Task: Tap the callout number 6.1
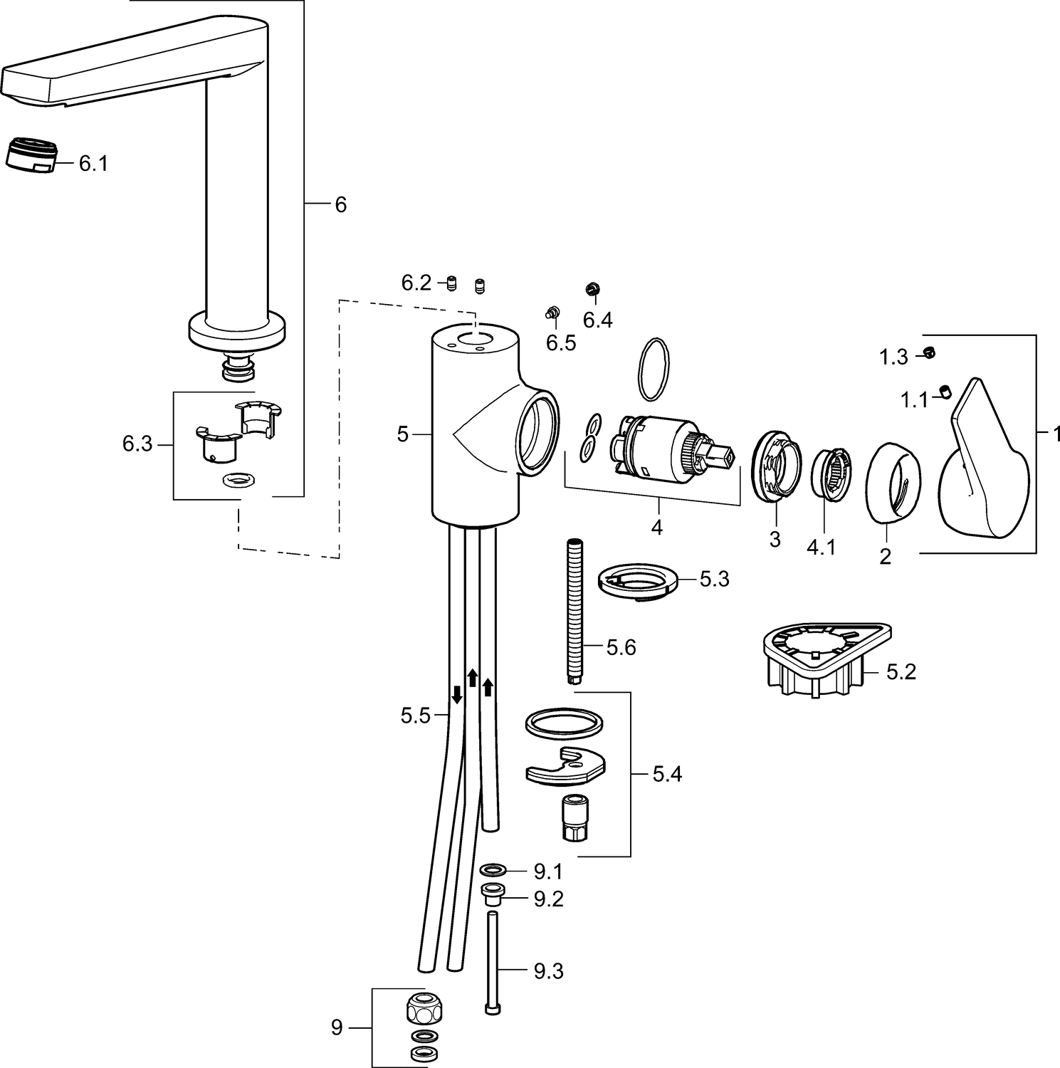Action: [x=93, y=164]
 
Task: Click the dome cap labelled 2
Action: [x=893, y=484]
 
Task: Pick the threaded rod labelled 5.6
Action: [x=574, y=612]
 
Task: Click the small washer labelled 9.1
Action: [x=493, y=869]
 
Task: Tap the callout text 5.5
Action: [x=416, y=716]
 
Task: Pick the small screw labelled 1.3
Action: [x=929, y=352]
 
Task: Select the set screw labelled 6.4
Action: [x=591, y=288]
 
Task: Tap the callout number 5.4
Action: [x=667, y=774]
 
